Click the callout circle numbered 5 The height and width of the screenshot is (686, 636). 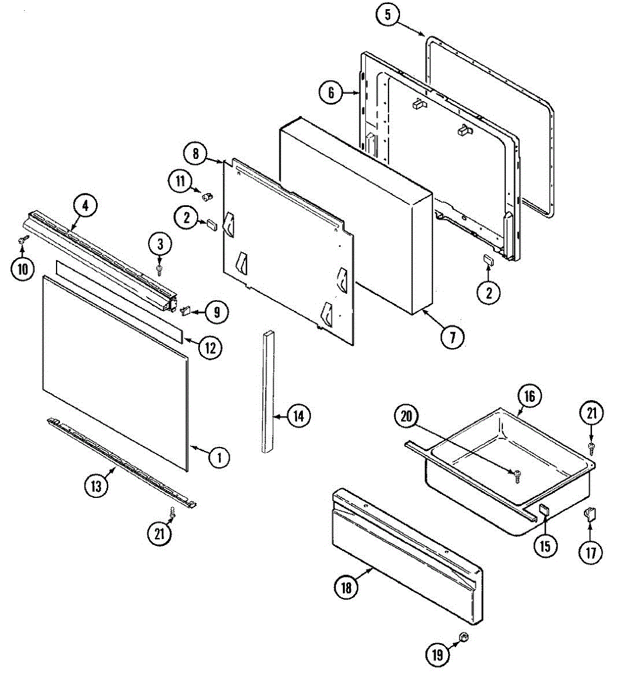[387, 15]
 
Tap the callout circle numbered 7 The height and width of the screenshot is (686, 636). [453, 337]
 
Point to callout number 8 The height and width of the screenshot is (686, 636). [195, 153]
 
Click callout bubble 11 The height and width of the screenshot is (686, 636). [180, 181]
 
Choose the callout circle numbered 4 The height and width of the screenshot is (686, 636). [85, 206]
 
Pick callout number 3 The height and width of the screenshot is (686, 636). [160, 244]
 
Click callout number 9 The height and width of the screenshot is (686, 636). [217, 312]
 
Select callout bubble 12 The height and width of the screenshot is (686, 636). [210, 347]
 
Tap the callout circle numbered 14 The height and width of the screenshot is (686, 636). [299, 416]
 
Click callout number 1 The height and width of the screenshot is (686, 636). [218, 457]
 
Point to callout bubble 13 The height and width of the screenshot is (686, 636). [96, 486]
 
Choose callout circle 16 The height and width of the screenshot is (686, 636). [529, 396]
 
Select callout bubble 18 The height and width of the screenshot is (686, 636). [346, 587]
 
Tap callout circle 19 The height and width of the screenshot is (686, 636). [437, 655]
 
